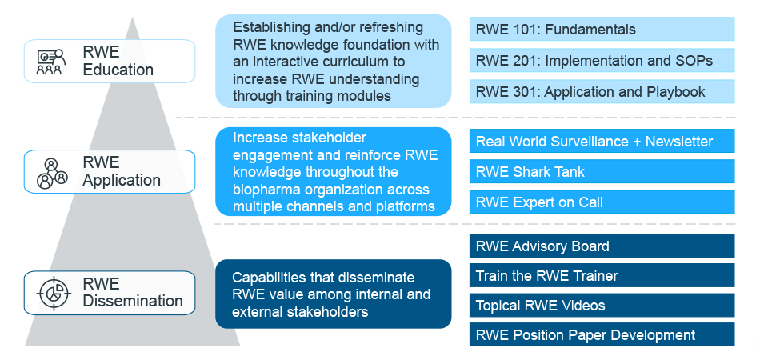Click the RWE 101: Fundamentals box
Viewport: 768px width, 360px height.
pos(602,30)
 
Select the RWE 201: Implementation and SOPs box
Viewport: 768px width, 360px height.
pos(602,60)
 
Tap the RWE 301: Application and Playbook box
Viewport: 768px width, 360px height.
pos(602,91)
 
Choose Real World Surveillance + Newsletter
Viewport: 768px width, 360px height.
pos(602,141)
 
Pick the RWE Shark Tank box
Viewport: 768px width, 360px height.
pos(602,171)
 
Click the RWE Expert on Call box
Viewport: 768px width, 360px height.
pos(602,202)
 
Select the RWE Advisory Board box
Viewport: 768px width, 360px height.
pos(602,246)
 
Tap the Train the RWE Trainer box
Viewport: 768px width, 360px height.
pos(602,275)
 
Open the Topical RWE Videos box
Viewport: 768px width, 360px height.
pos(602,305)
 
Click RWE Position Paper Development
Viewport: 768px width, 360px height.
pos(602,334)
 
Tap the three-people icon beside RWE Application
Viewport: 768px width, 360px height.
pos(52,174)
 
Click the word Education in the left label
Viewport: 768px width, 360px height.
pos(118,70)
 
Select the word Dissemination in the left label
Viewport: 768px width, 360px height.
pos(133,301)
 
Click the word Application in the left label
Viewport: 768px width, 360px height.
pos(122,180)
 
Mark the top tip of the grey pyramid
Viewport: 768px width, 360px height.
pos(132,17)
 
